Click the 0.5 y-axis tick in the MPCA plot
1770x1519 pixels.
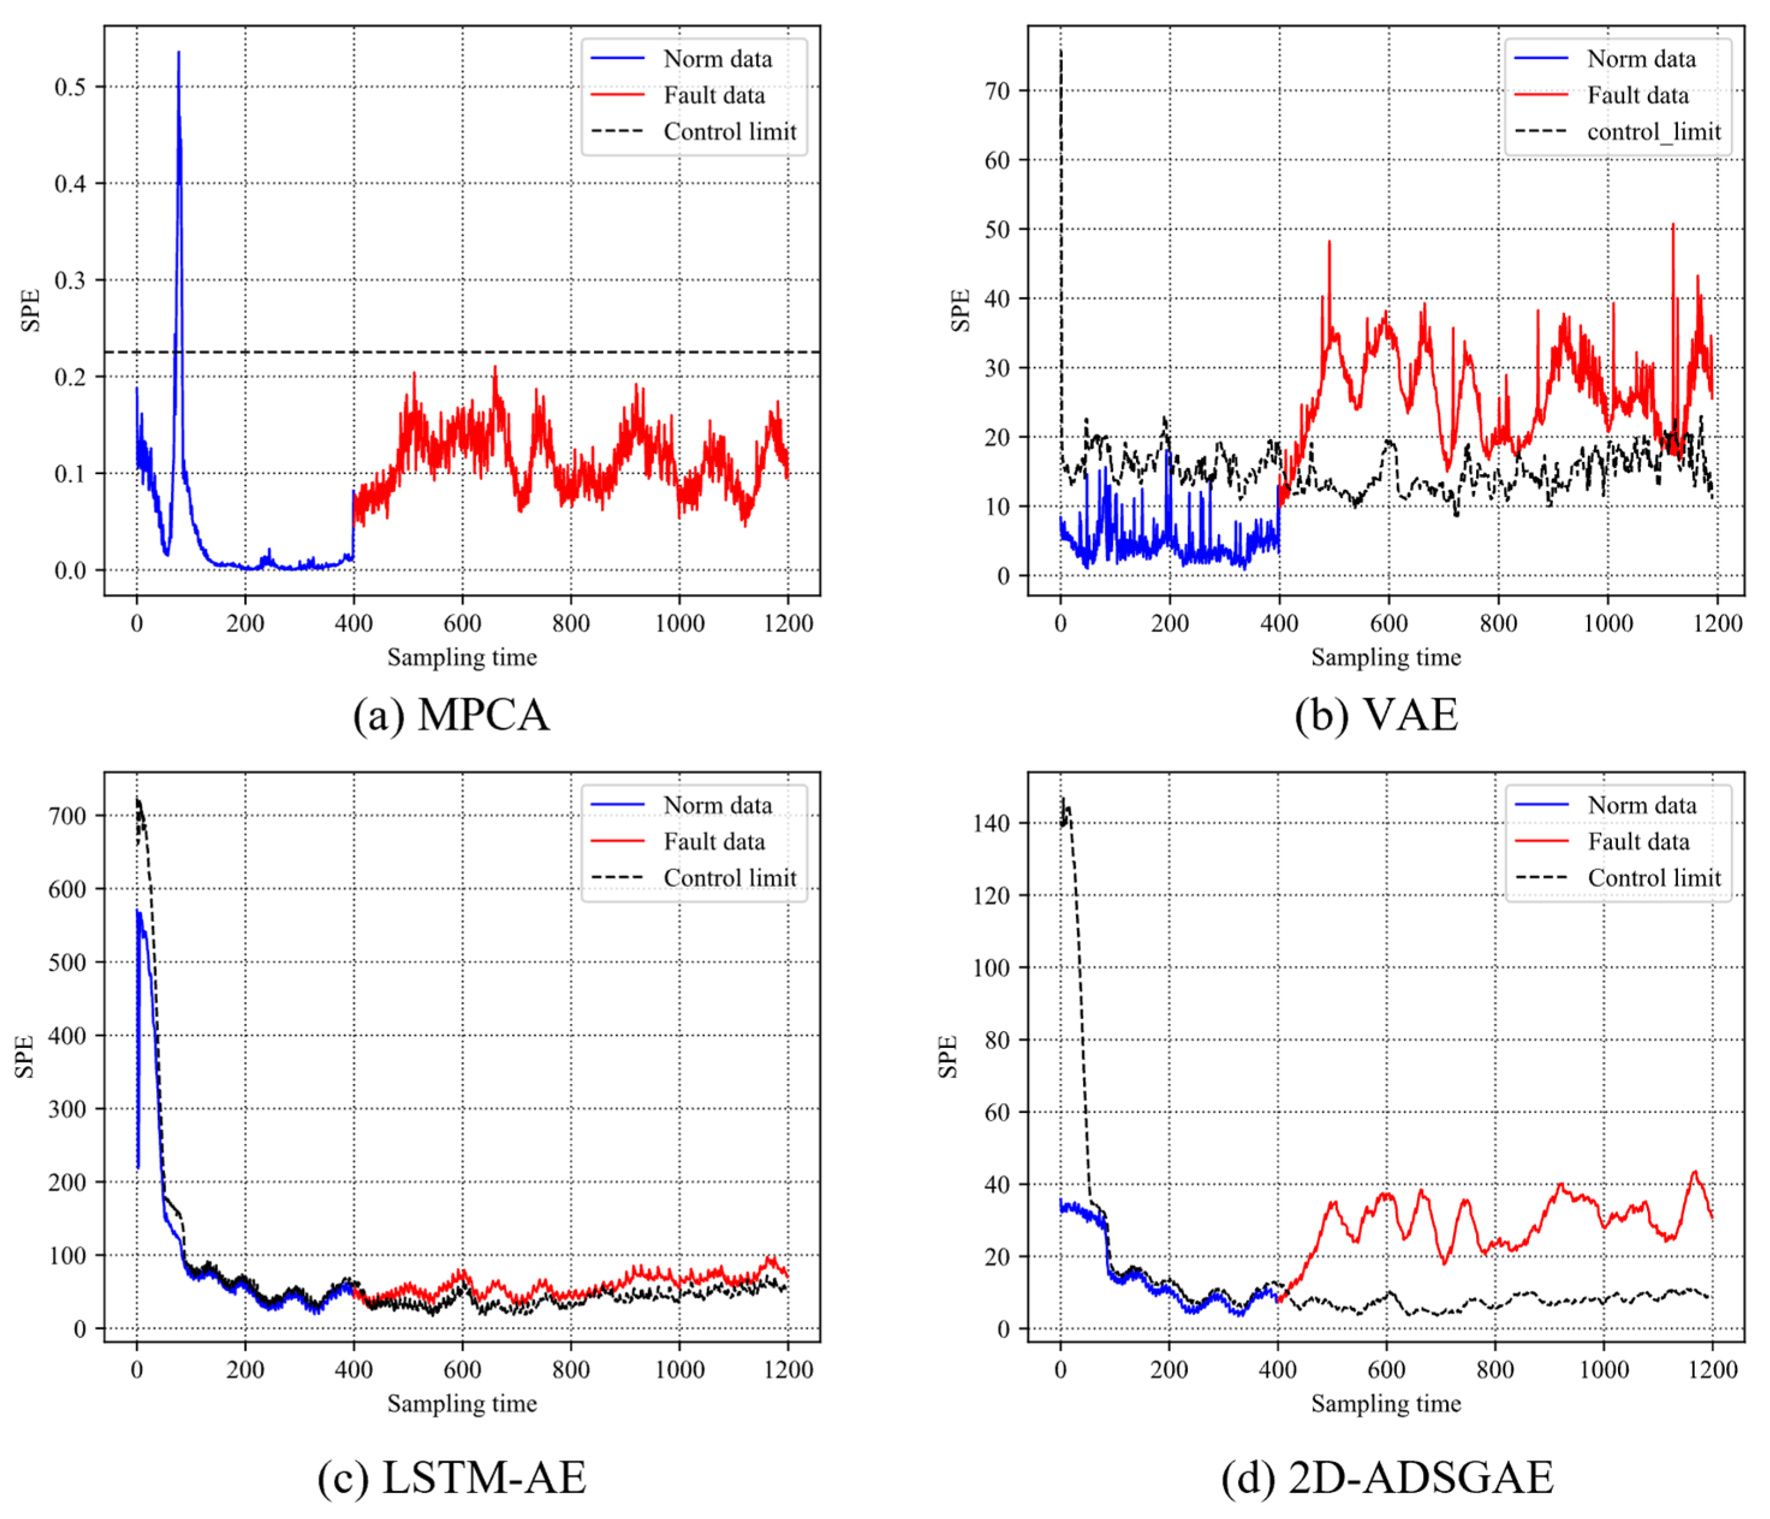(70, 87)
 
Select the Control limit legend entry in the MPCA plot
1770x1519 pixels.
(729, 132)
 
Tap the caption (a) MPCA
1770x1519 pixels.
(451, 714)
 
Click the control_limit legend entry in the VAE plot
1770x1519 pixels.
(1653, 132)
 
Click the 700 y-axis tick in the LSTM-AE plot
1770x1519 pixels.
(67, 816)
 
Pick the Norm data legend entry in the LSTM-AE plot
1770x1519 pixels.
(717, 805)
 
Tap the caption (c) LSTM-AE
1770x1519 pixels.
(452, 1477)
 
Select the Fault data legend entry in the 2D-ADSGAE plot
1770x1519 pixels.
(1638, 841)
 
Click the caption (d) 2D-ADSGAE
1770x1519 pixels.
(1387, 1477)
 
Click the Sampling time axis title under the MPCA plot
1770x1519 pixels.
(462, 657)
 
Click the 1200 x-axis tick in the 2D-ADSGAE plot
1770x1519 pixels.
(1712, 1369)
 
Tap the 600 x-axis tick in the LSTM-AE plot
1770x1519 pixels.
(462, 1369)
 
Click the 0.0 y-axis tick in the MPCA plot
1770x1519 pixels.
(70, 571)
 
